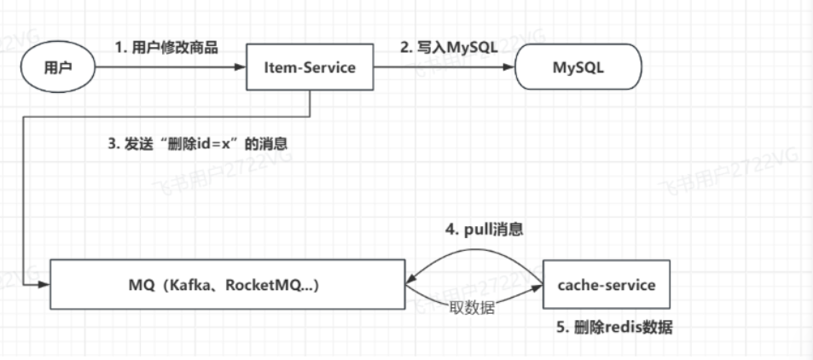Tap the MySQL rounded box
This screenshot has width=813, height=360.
(578, 68)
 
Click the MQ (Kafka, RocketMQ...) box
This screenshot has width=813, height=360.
(226, 285)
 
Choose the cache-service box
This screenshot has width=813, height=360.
(607, 285)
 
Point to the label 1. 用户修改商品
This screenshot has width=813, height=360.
(166, 48)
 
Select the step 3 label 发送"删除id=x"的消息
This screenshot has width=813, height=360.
(198, 144)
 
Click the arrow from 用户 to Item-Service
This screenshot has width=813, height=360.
(166, 68)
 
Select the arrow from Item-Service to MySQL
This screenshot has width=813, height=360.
(445, 68)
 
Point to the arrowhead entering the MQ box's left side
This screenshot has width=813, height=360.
(44, 285)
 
